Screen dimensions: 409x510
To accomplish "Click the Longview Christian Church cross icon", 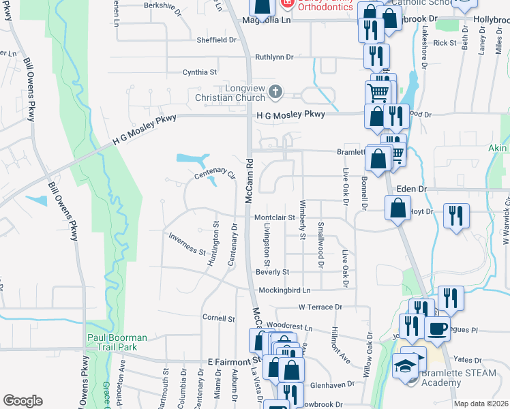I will (x=275, y=91).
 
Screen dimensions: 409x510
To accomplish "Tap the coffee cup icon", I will (x=437, y=328).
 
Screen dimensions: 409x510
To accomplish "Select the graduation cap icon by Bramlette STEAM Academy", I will (x=404, y=366).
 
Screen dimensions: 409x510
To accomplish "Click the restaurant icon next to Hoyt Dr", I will (x=456, y=216).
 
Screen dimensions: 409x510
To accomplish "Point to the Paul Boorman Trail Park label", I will (x=112, y=342).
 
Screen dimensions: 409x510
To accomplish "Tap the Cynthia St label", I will (x=199, y=72).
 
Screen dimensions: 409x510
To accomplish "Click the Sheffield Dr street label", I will (x=217, y=40).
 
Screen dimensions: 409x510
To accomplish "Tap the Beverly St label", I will (x=273, y=271).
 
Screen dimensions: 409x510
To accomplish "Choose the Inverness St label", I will (x=187, y=244).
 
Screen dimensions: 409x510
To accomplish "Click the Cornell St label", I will (x=218, y=318).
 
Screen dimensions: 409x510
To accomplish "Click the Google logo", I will (x=22, y=401).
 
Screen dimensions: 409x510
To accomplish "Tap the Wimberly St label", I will (x=302, y=219).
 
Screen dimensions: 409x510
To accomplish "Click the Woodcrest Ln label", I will (x=289, y=327).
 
